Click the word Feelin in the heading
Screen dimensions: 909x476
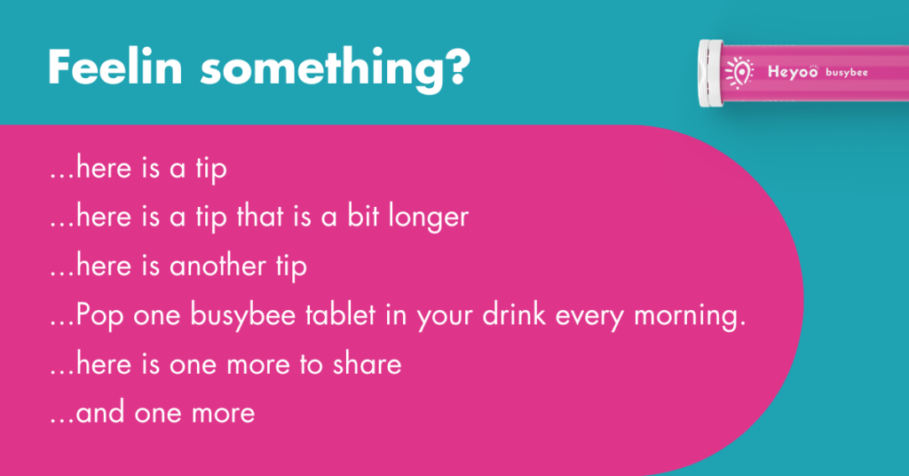point(115,67)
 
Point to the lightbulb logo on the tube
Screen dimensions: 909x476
point(739,73)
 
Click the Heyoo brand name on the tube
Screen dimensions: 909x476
point(793,72)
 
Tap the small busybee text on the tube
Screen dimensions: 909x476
point(846,73)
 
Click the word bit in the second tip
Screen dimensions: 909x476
point(363,217)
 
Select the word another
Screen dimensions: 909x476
point(217,266)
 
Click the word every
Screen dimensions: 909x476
point(589,318)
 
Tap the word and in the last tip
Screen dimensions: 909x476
point(99,413)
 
